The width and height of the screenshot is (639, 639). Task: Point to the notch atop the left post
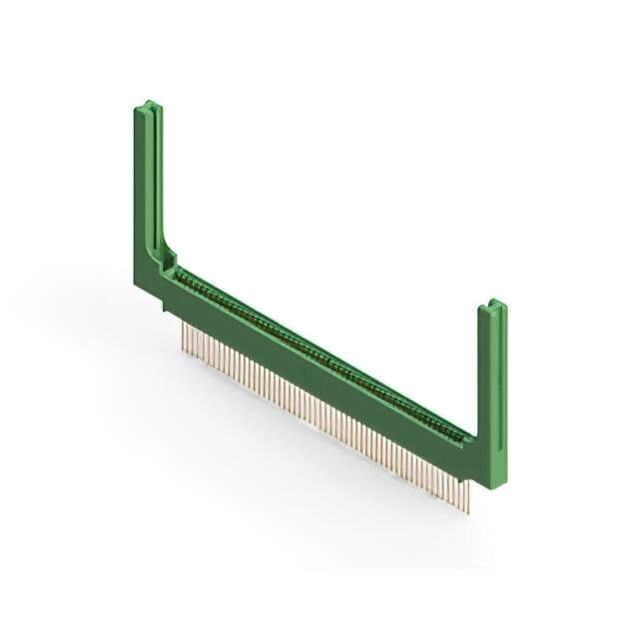[148, 105]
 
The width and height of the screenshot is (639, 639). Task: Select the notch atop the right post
[491, 305]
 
